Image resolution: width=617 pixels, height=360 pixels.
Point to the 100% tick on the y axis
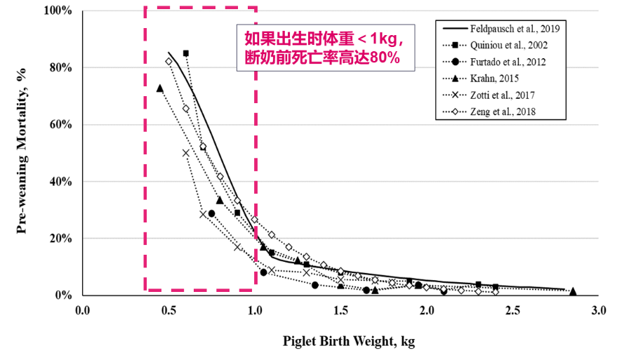click(58, 11)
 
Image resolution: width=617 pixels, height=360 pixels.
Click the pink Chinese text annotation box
click(325, 48)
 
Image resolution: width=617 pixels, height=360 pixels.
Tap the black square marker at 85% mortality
click(186, 53)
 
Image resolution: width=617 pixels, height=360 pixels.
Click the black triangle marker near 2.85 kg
click(573, 291)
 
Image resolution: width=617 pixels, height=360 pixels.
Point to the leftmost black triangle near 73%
click(160, 88)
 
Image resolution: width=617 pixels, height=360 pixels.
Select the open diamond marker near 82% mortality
click(168, 62)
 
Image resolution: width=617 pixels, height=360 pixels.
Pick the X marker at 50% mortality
click(186, 153)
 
